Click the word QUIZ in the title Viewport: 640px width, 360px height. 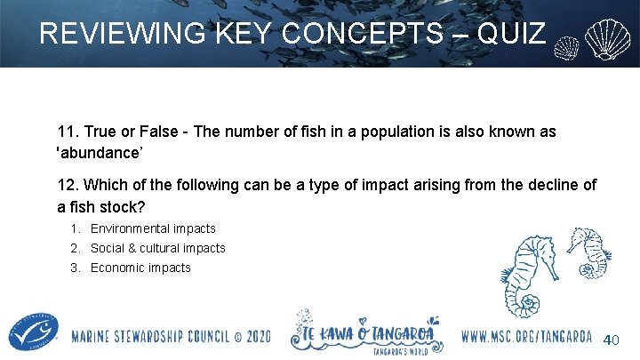coord(511,34)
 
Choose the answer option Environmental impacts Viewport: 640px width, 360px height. coord(153,228)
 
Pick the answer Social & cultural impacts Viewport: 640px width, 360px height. coord(158,248)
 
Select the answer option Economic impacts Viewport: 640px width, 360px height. coord(140,268)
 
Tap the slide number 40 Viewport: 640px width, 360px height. coord(612,340)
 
